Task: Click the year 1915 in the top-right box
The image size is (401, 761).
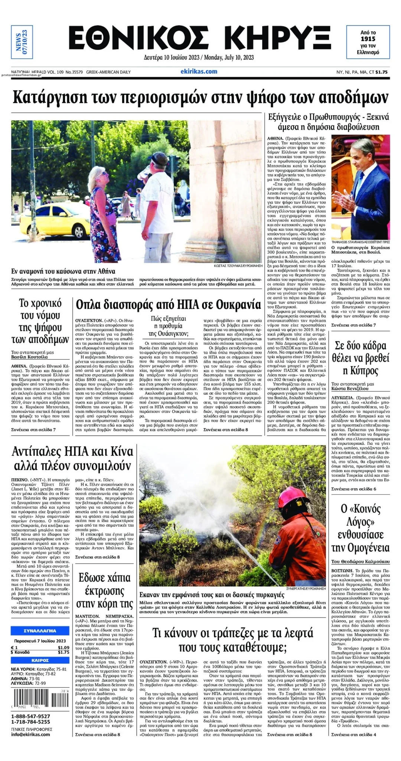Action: pos(368,39)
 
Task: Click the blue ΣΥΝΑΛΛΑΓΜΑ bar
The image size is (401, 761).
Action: pos(40,631)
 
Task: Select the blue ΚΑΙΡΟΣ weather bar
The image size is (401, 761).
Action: pos(40,660)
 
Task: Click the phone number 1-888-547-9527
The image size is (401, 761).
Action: pos(30,716)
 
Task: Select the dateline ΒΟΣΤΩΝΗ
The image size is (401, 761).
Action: pos(342,570)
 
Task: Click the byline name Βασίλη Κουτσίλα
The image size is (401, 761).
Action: pos(30,357)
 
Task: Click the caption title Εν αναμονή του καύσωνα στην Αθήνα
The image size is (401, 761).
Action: pos(63,271)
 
